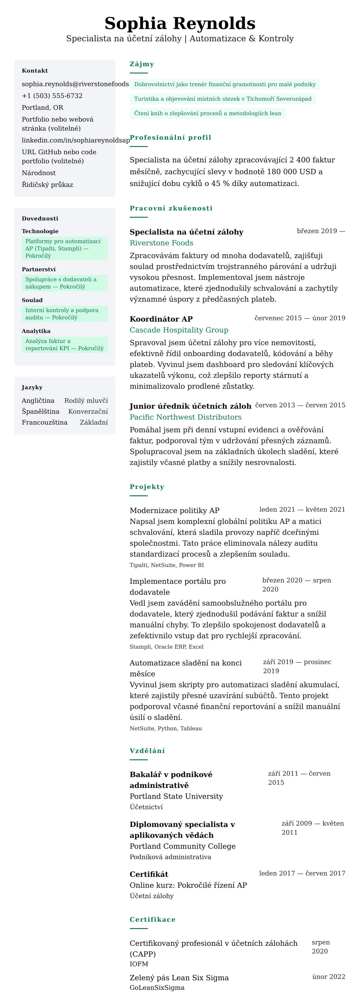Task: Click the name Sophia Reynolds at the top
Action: pos(180,23)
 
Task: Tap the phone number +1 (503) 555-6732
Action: pos(52,96)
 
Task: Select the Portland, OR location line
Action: pos(42,107)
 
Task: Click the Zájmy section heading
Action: pos(142,64)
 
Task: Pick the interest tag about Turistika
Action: pos(222,99)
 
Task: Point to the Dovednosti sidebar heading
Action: pos(40,219)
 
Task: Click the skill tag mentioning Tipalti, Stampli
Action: pos(64,249)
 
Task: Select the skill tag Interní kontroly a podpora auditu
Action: pos(64,314)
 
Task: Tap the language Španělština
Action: pos(41,411)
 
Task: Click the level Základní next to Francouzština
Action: pos(94,422)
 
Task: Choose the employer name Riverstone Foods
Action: pos(161,243)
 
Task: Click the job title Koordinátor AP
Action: pos(161,319)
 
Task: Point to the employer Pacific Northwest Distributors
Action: pos(185,417)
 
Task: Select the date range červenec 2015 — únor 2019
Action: pos(300,318)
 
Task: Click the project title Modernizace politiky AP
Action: pos(174,511)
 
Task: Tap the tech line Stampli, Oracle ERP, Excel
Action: pos(166,647)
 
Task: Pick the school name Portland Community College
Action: pos(182,846)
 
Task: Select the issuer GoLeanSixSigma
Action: pos(157,988)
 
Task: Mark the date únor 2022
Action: pos(328,977)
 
